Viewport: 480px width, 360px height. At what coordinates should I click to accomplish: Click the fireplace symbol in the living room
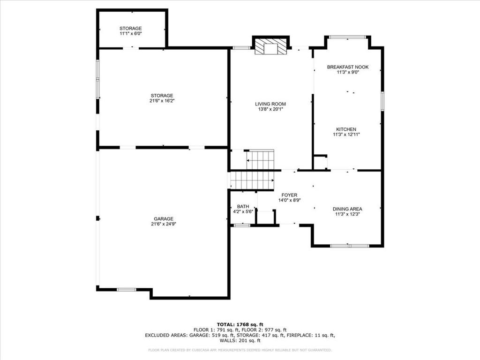tap(270, 46)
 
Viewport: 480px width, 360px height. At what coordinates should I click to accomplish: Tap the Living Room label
tap(270, 104)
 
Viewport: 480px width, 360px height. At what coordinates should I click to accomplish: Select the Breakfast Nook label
tap(348, 67)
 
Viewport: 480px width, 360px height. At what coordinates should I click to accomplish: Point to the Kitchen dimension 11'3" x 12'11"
tap(346, 135)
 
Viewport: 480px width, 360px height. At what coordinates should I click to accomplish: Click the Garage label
tap(164, 219)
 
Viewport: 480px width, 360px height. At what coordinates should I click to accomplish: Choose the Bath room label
tap(243, 207)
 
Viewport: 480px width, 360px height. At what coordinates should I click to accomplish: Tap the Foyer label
tap(289, 195)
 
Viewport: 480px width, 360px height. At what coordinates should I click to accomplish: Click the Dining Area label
tap(347, 209)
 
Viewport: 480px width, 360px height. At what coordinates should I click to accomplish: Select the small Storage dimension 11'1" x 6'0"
tap(131, 33)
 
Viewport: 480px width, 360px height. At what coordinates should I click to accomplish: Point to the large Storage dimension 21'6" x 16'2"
tap(162, 101)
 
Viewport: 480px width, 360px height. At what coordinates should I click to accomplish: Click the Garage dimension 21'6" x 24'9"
tap(164, 224)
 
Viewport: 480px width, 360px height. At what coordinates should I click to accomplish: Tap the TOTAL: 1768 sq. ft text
tap(240, 324)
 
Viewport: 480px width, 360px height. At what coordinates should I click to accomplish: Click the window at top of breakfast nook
tap(347, 37)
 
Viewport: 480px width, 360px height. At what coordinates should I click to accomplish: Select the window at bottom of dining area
tap(350, 246)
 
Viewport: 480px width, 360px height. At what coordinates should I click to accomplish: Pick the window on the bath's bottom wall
tap(242, 225)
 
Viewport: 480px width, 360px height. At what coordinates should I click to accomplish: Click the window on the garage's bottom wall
tap(127, 289)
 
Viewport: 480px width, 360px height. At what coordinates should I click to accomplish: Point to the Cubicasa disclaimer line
tap(240, 350)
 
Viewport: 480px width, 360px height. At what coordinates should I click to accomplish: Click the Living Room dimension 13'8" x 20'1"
tap(270, 109)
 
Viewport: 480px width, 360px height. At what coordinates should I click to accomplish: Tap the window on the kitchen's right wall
tap(382, 101)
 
